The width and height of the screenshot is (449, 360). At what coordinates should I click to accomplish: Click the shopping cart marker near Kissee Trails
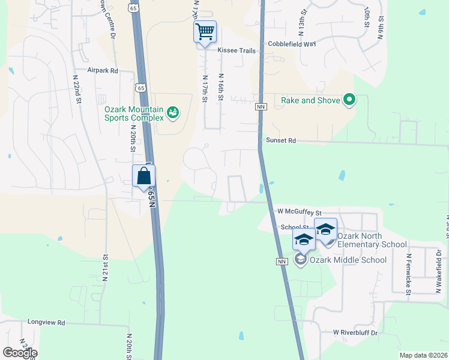click(205, 31)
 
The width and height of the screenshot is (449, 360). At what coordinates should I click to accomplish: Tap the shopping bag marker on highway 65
click(143, 176)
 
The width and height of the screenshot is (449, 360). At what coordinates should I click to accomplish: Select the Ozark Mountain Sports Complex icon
click(173, 112)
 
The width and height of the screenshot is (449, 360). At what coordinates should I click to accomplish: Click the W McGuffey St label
click(300, 212)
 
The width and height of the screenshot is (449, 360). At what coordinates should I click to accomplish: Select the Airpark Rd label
click(103, 70)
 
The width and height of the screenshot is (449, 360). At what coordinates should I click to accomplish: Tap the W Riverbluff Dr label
click(358, 332)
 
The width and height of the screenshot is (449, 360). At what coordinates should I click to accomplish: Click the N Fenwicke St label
click(409, 274)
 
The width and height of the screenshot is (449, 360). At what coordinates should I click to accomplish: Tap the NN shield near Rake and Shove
click(261, 107)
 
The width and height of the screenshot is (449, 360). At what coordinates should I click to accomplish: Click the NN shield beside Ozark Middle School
click(282, 262)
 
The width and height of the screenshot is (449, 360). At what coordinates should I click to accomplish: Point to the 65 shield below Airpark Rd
click(140, 87)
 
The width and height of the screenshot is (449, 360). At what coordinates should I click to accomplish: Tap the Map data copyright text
click(423, 355)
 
